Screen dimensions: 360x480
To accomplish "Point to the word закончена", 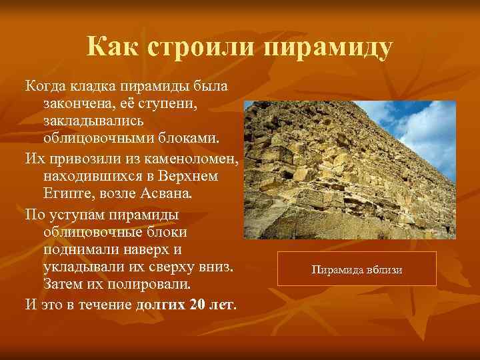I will pyautogui.click(x=77, y=105).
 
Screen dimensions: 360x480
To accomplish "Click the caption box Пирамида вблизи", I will pyautogui.click(x=357, y=269).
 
